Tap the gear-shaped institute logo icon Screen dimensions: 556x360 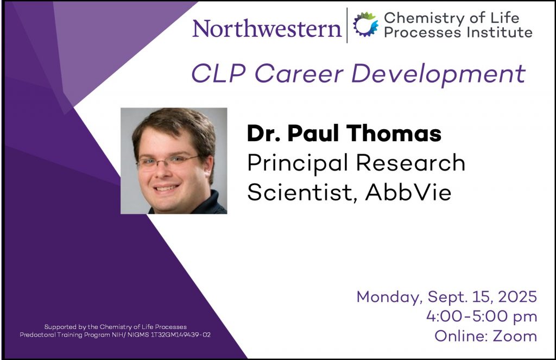click(365, 24)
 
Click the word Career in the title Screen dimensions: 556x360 click(299, 73)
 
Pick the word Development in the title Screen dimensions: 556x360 click(438, 74)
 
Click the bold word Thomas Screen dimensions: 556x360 click(394, 133)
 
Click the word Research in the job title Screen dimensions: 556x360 click(410, 163)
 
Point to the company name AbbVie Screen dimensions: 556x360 click(408, 192)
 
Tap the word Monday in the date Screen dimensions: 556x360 click(389, 297)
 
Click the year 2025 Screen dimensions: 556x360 click(517, 297)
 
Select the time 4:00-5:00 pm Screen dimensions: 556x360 click(482, 317)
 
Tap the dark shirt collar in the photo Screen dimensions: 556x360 click(215, 203)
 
